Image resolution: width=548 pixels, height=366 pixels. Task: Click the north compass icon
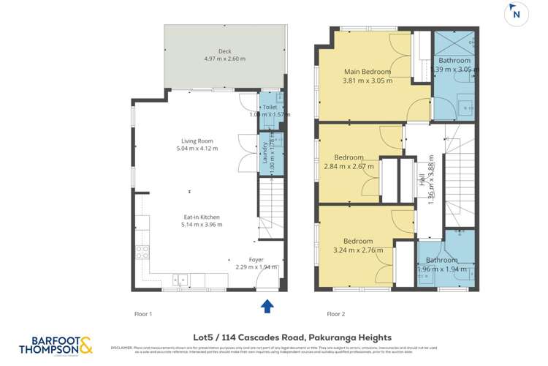coord(517,13)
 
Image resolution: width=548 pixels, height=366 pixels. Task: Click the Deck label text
coord(225,51)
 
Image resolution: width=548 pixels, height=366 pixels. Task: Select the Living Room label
coord(197,141)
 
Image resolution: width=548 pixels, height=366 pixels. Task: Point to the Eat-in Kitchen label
coord(201,217)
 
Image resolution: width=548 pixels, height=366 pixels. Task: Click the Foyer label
coord(256,259)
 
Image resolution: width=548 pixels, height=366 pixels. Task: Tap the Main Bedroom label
coord(368,72)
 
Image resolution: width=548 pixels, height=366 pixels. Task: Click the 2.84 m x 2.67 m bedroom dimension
coord(349,166)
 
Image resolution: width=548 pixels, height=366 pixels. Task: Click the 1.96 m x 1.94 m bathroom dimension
coord(441,269)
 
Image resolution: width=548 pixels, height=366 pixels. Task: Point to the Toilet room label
coord(270,107)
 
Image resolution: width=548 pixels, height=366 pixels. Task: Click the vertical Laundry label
coord(265,152)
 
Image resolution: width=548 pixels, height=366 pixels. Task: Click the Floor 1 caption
coord(142,314)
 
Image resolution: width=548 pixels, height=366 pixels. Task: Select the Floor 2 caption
coord(335,314)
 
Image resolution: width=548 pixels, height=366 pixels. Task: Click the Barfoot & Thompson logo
coord(56,345)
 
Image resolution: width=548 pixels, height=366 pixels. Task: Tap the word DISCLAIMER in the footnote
coord(121,348)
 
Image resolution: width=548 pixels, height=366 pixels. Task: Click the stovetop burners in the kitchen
coord(144,252)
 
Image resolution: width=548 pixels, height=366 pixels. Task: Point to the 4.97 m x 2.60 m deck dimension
coord(225,59)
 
